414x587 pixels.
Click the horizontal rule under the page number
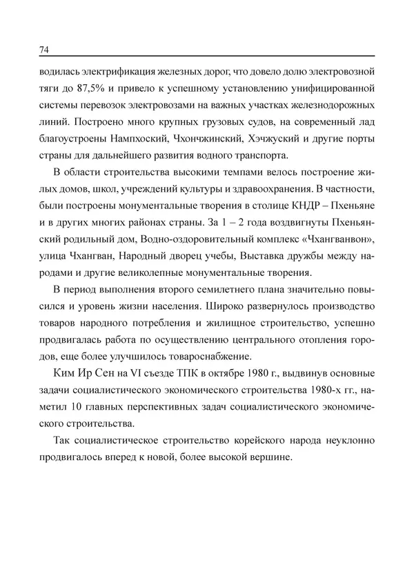tap(207, 57)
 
